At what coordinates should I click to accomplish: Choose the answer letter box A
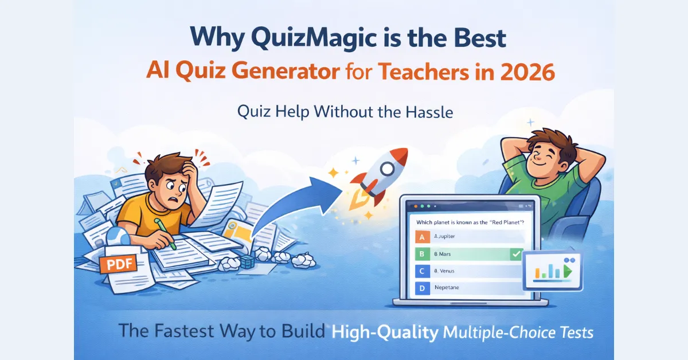(x=422, y=236)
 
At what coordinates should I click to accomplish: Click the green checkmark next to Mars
(x=515, y=253)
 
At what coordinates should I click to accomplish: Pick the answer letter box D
(x=422, y=288)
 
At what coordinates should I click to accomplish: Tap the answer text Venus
(x=445, y=271)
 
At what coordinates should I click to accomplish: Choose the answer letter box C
(x=422, y=271)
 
